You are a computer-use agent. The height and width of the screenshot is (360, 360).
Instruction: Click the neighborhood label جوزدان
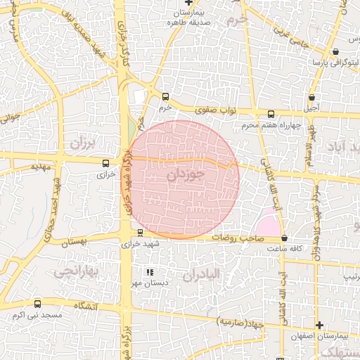186,174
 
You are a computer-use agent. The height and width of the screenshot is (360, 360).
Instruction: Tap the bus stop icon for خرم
165,97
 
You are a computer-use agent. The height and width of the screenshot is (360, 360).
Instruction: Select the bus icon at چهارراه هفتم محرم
271,114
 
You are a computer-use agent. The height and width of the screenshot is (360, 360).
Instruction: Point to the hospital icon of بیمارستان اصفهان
320,326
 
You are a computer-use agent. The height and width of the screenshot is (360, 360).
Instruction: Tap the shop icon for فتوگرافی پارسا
335,51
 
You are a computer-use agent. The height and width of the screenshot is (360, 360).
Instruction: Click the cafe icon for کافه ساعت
284,238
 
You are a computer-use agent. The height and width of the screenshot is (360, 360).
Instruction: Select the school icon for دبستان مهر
148,272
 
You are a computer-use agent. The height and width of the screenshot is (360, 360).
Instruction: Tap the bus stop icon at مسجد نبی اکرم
37,304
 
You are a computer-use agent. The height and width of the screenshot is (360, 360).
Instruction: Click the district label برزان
82,144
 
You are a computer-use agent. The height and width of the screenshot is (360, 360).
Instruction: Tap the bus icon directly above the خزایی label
105,162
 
